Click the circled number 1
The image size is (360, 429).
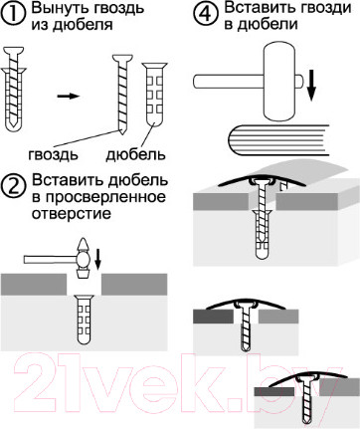point(13,14)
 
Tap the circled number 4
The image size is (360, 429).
point(206,14)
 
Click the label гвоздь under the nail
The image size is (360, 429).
point(53,154)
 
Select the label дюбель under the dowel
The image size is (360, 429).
point(135,154)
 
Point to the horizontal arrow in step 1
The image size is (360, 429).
point(69,97)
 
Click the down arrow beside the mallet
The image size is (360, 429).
point(311,86)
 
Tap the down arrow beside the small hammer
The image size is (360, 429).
point(97,259)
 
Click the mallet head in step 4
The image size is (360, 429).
point(279,80)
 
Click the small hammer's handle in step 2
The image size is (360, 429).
point(50,259)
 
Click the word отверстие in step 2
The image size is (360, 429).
point(72,213)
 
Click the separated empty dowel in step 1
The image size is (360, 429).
point(154,95)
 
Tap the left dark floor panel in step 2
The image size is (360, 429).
point(33,285)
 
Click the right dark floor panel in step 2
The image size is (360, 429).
point(134,285)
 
